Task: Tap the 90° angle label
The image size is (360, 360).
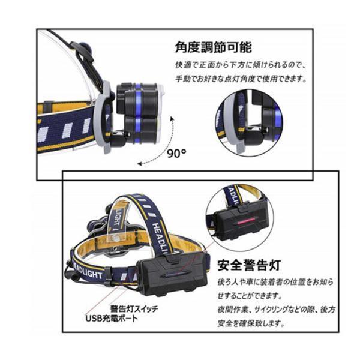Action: pyautogui.click(x=176, y=154)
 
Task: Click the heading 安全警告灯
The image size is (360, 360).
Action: pyautogui.click(x=249, y=265)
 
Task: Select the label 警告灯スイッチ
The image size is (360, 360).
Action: pyautogui.click(x=134, y=308)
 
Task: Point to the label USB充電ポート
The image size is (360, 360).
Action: pyautogui.click(x=112, y=319)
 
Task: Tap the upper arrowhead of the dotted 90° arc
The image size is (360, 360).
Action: pyautogui.click(x=171, y=119)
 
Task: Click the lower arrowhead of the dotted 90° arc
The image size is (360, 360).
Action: pyautogui.click(x=140, y=163)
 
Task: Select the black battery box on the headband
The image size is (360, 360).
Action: pyautogui.click(x=173, y=275)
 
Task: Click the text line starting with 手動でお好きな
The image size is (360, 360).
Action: pyautogui.click(x=241, y=79)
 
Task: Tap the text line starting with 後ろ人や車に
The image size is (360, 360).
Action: pyautogui.click(x=275, y=282)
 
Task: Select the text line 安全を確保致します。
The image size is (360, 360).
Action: pyautogui.click(x=251, y=323)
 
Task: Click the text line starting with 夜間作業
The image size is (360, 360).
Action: pyautogui.click(x=276, y=310)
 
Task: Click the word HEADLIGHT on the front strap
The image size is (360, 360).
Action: pyautogui.click(x=88, y=271)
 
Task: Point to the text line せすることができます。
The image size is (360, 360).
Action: pyautogui.click(x=250, y=296)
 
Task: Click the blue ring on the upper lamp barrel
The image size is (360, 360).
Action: pyautogui.click(x=138, y=99)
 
